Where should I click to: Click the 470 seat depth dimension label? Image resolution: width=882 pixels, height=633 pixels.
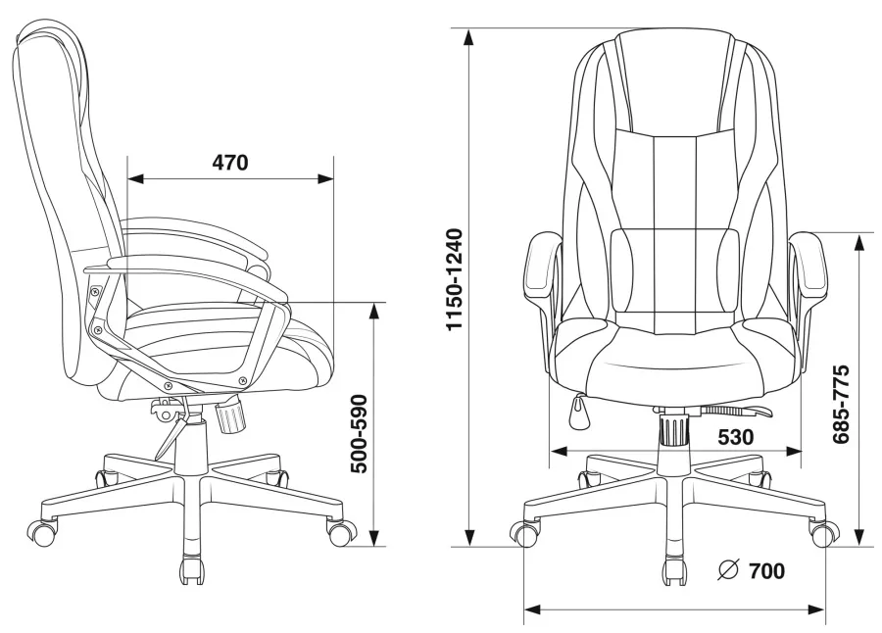tap(230, 163)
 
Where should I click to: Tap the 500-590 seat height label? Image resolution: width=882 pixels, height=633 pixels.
tap(359, 434)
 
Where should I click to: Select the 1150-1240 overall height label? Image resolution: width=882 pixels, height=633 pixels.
tap(454, 279)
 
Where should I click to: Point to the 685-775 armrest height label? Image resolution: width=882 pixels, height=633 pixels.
tap(841, 405)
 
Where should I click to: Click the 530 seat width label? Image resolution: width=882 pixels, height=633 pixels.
tap(736, 437)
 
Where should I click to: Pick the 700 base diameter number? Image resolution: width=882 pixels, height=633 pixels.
tap(766, 571)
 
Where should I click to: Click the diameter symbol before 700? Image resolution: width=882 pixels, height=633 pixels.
tap(728, 570)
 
